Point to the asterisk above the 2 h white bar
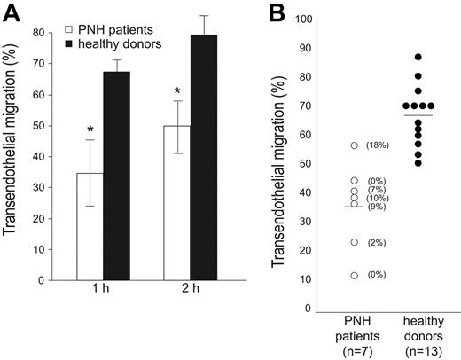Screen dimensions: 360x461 tap(177, 92)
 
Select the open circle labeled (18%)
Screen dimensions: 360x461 tap(355, 145)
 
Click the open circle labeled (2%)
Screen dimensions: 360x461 tap(355, 242)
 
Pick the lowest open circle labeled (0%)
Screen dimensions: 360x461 tap(355, 275)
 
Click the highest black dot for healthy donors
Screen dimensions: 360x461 tap(418, 57)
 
